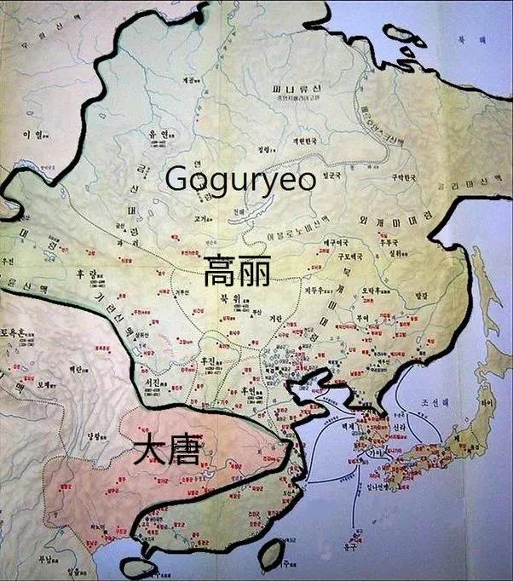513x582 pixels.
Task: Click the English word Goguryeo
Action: click(x=240, y=179)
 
